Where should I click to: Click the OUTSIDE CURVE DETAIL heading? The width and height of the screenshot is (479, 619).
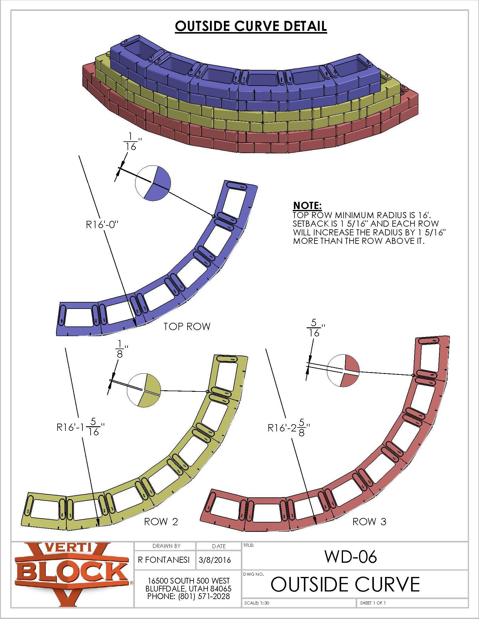coord(251,26)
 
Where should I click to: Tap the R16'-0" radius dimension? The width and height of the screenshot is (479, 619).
coord(101,225)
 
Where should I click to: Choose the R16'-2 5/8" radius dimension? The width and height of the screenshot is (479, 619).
coord(289,427)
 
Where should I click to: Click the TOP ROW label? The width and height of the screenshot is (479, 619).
coord(187,326)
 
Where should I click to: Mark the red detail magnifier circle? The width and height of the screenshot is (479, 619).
coord(343,371)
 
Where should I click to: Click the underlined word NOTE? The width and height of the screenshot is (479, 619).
coord(307,206)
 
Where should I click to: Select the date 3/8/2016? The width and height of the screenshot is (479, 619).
coord(215,560)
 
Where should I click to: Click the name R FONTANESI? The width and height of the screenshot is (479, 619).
coord(164,560)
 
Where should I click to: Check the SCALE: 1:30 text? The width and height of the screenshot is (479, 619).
coord(257,603)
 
